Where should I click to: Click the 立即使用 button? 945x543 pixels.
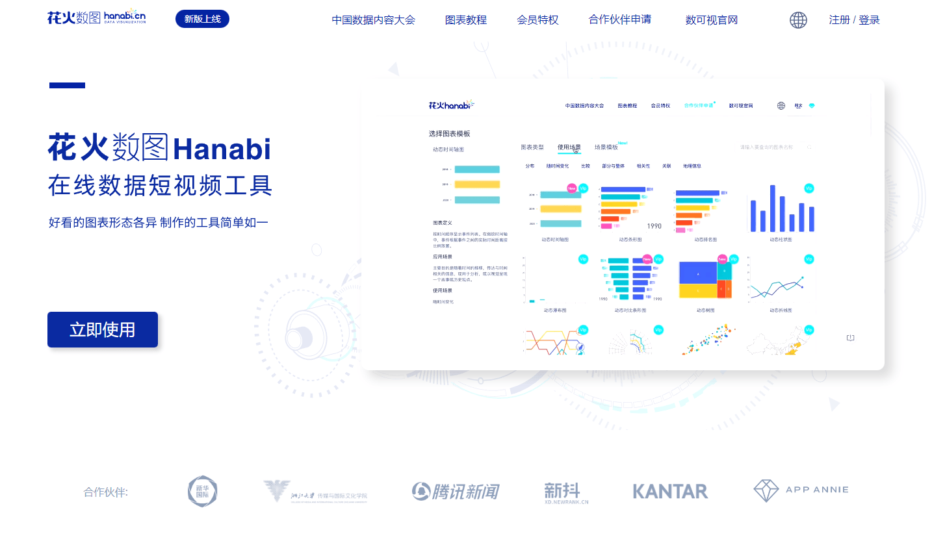coord(103,329)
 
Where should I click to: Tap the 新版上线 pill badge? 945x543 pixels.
coord(202,19)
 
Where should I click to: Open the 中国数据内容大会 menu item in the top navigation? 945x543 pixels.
coord(373,19)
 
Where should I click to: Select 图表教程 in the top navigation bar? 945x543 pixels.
coord(465,19)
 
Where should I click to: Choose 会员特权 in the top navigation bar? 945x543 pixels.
coord(537,19)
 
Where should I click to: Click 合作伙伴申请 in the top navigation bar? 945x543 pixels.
coord(619,19)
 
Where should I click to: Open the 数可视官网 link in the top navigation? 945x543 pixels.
coord(711,19)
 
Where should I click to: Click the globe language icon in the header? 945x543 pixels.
coord(798,20)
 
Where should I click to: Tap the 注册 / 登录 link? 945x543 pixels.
coord(854,19)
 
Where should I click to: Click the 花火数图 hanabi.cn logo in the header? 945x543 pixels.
coord(96,18)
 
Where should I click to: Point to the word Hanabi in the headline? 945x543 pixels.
coord(222,149)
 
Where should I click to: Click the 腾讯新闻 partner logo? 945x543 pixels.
coord(455,491)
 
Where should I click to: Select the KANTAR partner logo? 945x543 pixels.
coord(670,491)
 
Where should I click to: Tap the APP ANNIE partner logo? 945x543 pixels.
coord(801,490)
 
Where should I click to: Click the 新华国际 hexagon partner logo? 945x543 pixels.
coord(202,491)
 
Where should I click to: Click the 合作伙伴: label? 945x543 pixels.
coord(106,492)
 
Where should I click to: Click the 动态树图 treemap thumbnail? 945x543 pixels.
coord(705,279)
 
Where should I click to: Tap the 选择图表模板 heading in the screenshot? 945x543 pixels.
coord(449,134)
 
